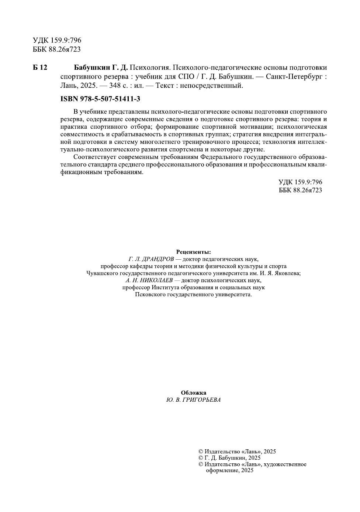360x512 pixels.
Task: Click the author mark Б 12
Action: click(40, 68)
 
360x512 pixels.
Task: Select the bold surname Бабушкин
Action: click(92, 68)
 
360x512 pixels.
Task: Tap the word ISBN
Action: click(69, 99)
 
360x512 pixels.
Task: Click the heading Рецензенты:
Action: click(194, 252)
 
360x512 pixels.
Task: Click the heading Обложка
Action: click(194, 393)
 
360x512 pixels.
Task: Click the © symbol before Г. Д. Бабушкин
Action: click(201, 458)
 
